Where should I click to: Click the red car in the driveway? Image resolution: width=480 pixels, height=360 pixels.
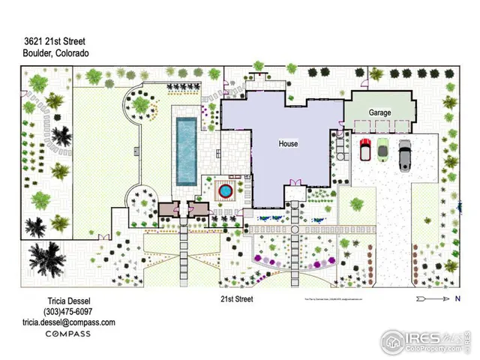[x=366, y=150]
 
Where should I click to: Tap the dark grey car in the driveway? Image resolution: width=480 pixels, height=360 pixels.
[x=405, y=154]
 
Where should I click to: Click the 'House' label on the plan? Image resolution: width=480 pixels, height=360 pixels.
[x=288, y=144]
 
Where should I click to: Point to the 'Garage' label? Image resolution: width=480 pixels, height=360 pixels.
[x=380, y=112]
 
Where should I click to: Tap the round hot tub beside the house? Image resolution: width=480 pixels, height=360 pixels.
[x=225, y=192]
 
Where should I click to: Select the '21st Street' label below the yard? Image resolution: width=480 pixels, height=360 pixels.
[x=236, y=298]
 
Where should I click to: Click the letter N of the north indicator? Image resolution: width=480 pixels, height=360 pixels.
[x=457, y=298]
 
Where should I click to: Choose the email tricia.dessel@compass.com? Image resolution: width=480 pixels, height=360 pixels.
[x=67, y=322]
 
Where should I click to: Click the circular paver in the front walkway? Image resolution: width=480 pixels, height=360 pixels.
[x=295, y=229]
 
